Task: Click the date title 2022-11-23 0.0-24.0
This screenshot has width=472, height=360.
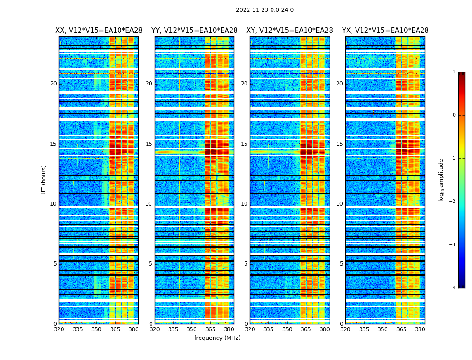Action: coord(264,10)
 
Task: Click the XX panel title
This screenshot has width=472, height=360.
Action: coord(99,31)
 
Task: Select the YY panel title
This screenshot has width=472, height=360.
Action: coord(194,31)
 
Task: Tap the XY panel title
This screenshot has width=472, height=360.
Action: coord(289,31)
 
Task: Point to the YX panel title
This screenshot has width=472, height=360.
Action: coord(385,31)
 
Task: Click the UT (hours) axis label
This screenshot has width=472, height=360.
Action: coord(44,180)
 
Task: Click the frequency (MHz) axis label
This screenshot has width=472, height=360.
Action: coord(217,338)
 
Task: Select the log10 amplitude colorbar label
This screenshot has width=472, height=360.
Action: coord(441,180)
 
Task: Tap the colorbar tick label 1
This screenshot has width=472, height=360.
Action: coord(454,72)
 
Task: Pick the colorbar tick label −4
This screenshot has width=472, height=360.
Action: coord(453,288)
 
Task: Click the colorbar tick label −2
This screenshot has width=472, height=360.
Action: coord(453,202)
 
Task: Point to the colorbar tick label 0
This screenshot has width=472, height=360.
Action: coord(454,115)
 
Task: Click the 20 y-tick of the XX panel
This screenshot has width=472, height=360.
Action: coord(53,84)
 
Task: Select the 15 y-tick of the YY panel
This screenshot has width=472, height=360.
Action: coord(149,144)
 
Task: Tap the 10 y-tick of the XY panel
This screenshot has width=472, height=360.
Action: coord(244,204)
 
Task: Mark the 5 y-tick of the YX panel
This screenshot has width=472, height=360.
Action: coord(341,264)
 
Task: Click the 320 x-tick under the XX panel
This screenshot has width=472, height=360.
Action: coord(59,329)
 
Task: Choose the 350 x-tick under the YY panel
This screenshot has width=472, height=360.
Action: coord(192,329)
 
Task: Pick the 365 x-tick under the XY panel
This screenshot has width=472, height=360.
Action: coord(306,329)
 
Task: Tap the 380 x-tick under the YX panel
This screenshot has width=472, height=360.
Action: coord(420,329)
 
